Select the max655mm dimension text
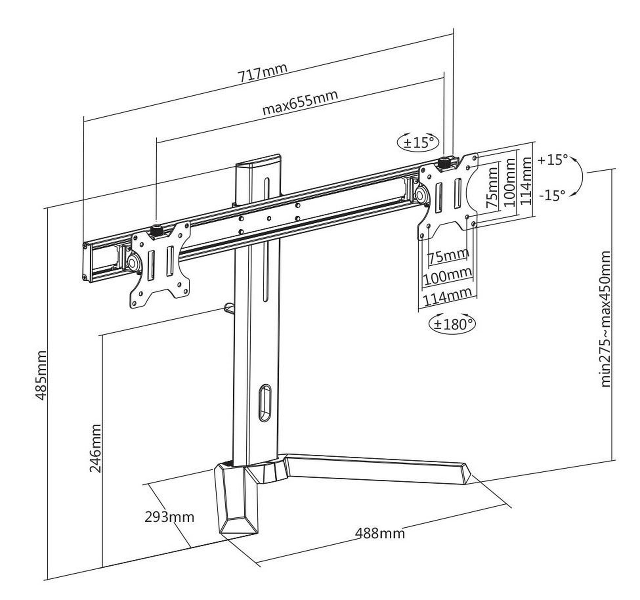pos(300,102)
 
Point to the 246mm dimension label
pos(95,448)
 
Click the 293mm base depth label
pos(169,517)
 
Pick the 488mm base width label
pos(380,533)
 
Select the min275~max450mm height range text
pos(606,319)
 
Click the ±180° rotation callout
pos(452,324)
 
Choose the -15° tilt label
pos(553,195)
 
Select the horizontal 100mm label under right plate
pos(448,277)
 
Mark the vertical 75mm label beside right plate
pos(492,187)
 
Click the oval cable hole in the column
pos(265,403)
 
